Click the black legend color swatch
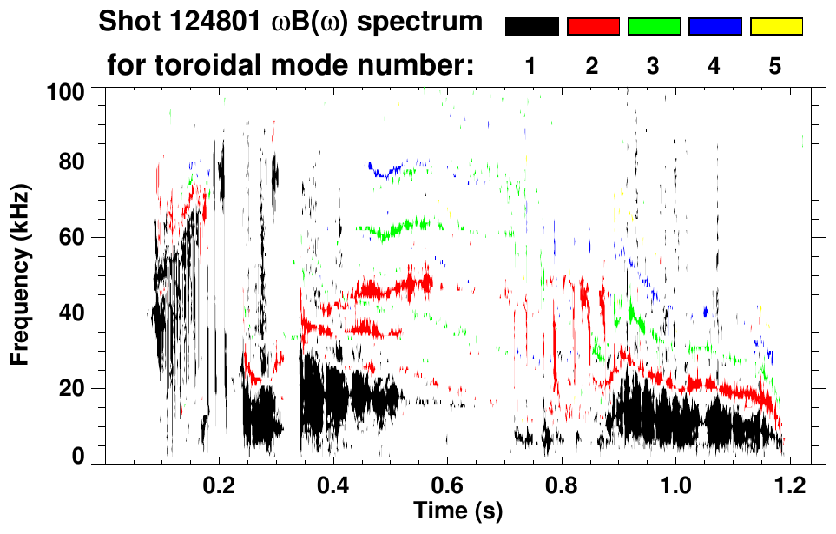point(532,27)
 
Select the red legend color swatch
point(593,27)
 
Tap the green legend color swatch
point(654,27)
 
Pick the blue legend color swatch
point(714,27)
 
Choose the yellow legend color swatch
point(775,27)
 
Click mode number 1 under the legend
point(531,67)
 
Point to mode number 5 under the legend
point(775,67)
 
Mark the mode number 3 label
point(654,67)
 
